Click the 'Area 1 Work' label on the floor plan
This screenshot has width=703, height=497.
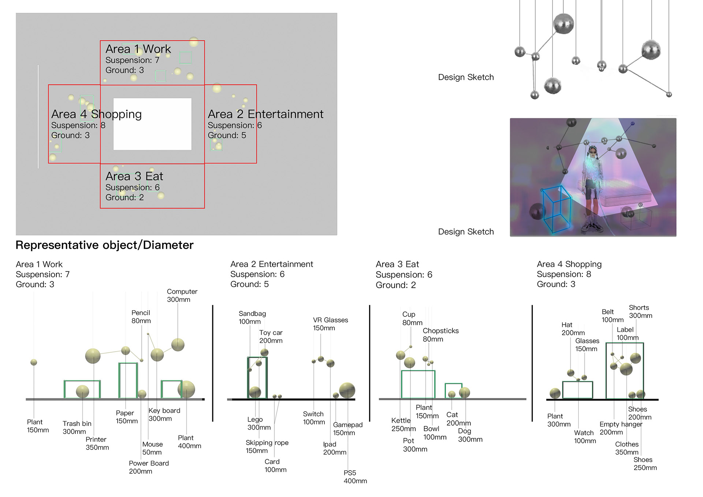[138, 49]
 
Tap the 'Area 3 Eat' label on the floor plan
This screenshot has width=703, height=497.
[134, 177]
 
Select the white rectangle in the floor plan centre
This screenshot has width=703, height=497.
[152, 124]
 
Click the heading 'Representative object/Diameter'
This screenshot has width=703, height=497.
[104, 245]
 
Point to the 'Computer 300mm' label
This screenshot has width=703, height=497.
[182, 296]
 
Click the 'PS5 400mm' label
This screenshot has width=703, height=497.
[355, 477]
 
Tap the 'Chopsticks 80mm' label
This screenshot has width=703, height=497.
[440, 335]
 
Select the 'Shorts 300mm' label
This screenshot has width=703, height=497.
[640, 312]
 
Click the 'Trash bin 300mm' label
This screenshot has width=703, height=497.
[77, 427]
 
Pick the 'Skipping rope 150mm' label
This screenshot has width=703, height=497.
[267, 446]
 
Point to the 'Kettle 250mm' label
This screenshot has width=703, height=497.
[403, 424]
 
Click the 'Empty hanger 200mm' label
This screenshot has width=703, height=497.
[621, 428]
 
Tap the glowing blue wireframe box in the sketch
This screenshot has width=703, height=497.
[557, 209]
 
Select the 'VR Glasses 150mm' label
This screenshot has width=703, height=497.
[330, 324]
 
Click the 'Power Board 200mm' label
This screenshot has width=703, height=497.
[149, 467]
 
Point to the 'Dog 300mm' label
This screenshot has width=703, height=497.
[470, 435]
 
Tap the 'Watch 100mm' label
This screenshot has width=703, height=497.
[585, 437]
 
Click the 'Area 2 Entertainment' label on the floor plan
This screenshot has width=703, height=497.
[265, 114]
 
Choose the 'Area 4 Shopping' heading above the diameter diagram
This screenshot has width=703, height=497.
[569, 264]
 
